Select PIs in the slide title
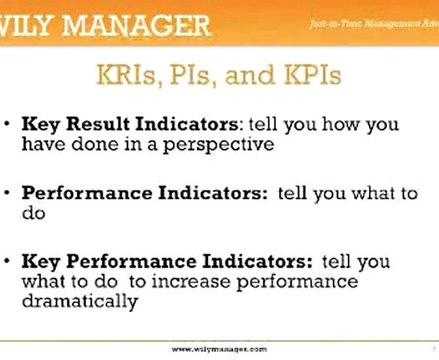coord(213,75)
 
